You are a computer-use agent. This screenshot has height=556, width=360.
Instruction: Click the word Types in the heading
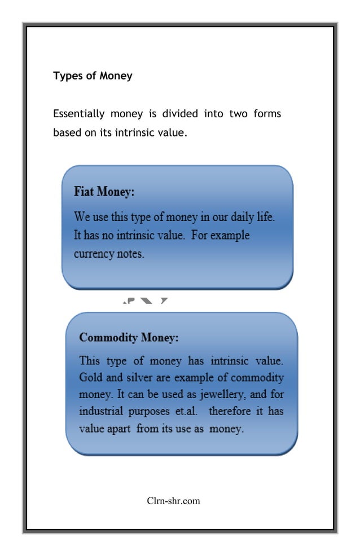[67, 76]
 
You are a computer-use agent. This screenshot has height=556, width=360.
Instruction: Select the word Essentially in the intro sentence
[78, 114]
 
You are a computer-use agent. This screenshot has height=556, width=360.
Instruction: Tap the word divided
[180, 114]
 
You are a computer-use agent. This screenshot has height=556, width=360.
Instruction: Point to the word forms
[267, 114]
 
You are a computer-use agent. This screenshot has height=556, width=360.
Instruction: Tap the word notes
[130, 254]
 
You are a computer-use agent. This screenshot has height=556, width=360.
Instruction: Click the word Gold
[91, 377]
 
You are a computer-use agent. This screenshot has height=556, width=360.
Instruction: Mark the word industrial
[100, 412]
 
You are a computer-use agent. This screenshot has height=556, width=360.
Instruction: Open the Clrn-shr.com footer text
[173, 500]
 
